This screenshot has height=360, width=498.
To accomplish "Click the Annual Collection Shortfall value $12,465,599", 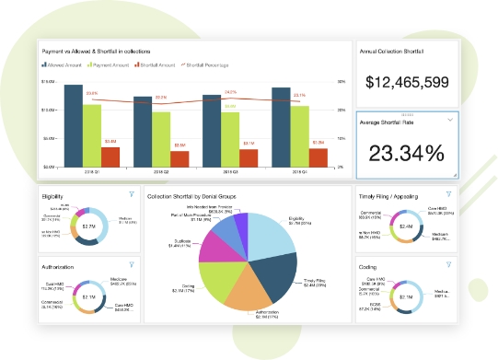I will pyautogui.click(x=406, y=83).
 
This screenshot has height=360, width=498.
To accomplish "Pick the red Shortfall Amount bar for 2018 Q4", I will pyautogui.click(x=318, y=158).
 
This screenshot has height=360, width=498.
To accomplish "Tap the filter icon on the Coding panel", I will pyautogui.click(x=447, y=263).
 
